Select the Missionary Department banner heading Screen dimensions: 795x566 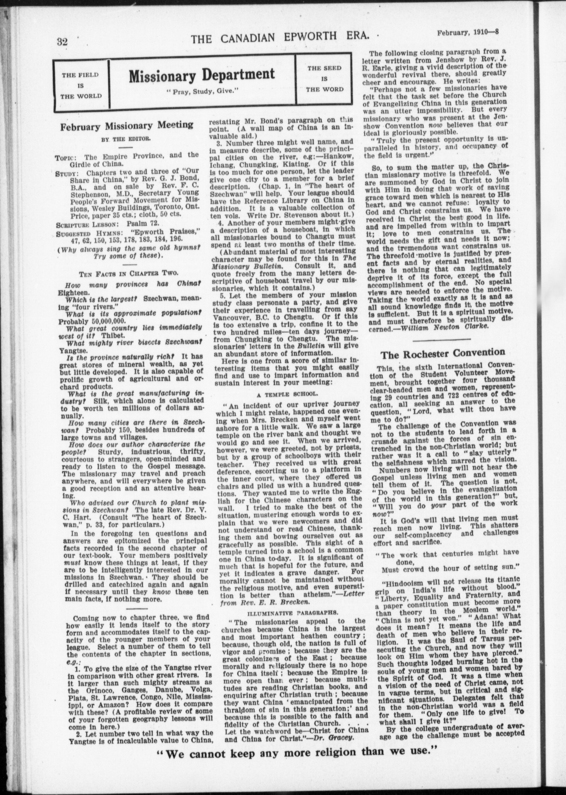[x=202, y=75]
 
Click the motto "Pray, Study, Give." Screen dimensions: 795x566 [x=202, y=92]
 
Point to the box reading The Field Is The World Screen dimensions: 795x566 [x=80, y=85]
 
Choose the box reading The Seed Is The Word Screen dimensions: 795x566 [x=324, y=78]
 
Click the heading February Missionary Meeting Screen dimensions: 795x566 [x=127, y=126]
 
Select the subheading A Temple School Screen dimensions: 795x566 [x=287, y=394]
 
